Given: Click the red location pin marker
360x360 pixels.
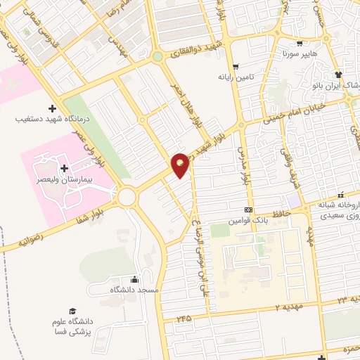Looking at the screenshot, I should click(x=180, y=165).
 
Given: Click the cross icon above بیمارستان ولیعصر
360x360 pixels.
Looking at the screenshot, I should click(x=65, y=168).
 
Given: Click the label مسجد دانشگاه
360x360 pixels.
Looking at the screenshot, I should click(x=134, y=290).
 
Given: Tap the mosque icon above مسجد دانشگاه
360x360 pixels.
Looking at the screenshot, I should click(x=134, y=279).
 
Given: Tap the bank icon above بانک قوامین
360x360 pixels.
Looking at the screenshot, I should click(x=247, y=211).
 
